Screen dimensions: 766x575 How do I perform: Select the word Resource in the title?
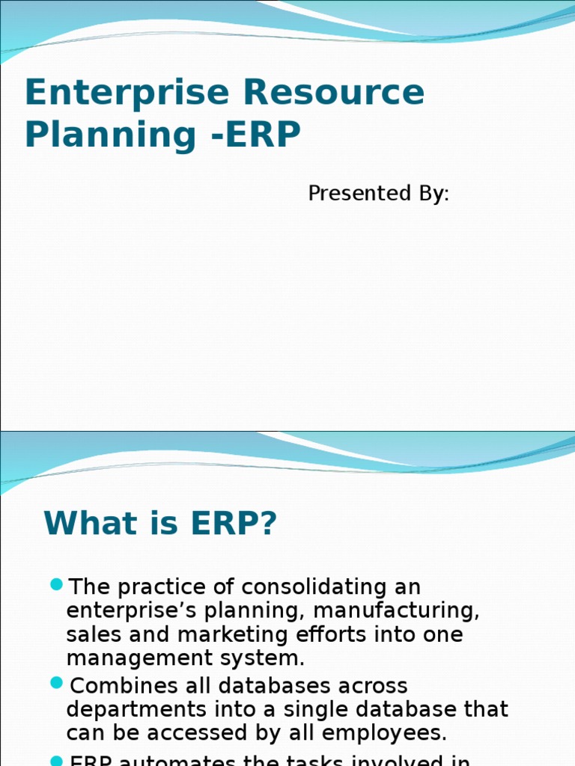[333, 94]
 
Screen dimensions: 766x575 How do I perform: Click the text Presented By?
[378, 194]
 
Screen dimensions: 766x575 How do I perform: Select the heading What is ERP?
[160, 524]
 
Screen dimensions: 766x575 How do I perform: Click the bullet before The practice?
[56, 583]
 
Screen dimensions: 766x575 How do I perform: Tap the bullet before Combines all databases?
[56, 682]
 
